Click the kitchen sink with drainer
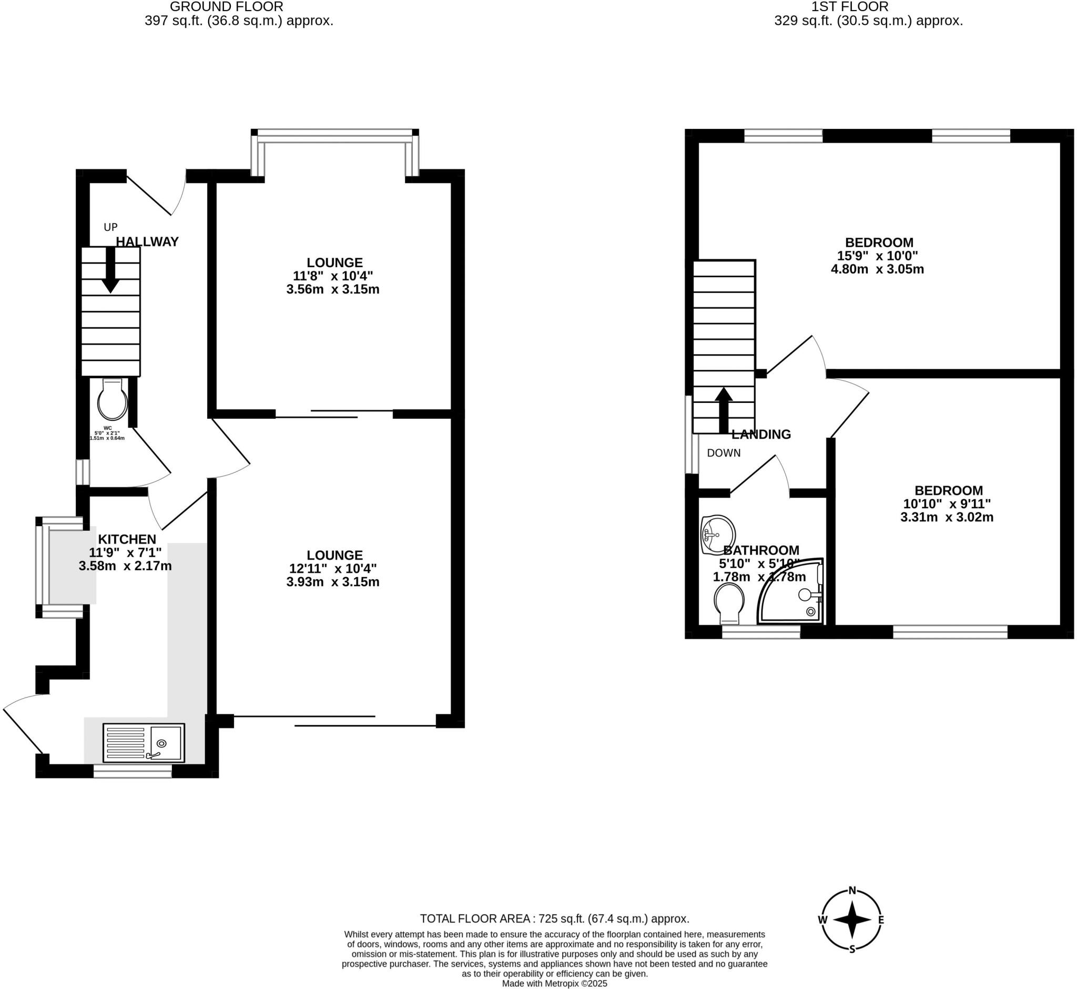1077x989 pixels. (x=144, y=743)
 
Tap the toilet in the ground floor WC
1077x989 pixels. (x=113, y=400)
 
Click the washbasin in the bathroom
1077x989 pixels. (x=717, y=534)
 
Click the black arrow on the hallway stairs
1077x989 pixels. (x=111, y=270)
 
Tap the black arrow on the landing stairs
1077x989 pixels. (x=724, y=410)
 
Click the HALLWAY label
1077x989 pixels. (x=147, y=242)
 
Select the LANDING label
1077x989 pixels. (x=761, y=435)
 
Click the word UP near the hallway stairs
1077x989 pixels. (x=111, y=227)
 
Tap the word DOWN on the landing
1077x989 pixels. (x=724, y=453)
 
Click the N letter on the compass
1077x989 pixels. (x=852, y=891)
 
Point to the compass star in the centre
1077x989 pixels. (x=852, y=920)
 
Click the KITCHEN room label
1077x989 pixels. (x=127, y=539)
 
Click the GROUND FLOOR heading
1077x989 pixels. (x=226, y=7)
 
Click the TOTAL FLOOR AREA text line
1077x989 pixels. (x=554, y=919)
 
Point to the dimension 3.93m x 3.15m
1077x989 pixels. (x=333, y=582)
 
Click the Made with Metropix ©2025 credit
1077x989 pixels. (x=554, y=984)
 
